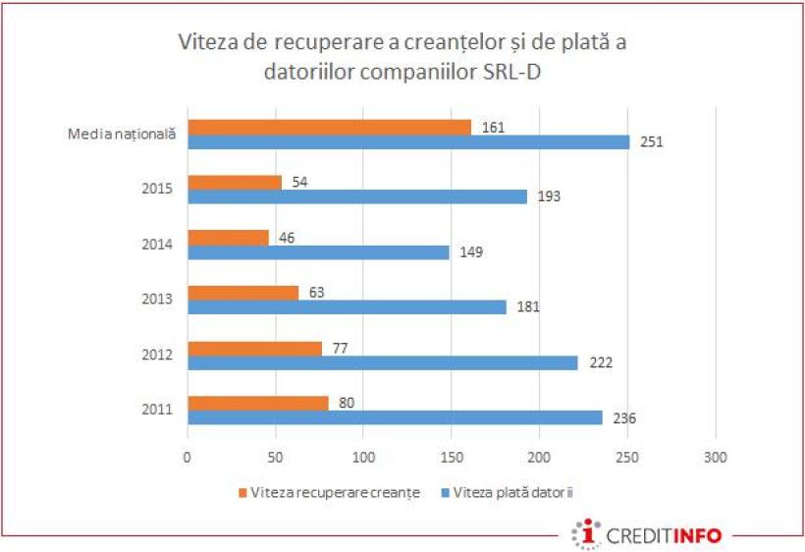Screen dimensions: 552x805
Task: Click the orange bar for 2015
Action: [235, 182]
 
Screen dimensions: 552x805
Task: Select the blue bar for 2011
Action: [395, 417]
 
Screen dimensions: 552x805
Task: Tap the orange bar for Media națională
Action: [329, 127]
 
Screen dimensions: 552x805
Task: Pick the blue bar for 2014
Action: [318, 251]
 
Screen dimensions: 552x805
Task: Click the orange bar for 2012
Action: [254, 348]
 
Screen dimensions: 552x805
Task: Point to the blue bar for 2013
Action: [347, 307]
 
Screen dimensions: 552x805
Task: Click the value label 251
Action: [652, 141]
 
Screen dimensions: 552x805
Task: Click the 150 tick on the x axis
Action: [452, 457]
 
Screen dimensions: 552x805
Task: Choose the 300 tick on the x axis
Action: [716, 457]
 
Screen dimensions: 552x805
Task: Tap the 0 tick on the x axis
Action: [188, 457]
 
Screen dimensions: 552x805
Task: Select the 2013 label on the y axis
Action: [158, 300]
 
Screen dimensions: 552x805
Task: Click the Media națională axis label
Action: [122, 135]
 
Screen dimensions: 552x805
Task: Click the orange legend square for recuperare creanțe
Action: [242, 492]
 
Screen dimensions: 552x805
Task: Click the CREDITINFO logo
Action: [649, 534]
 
